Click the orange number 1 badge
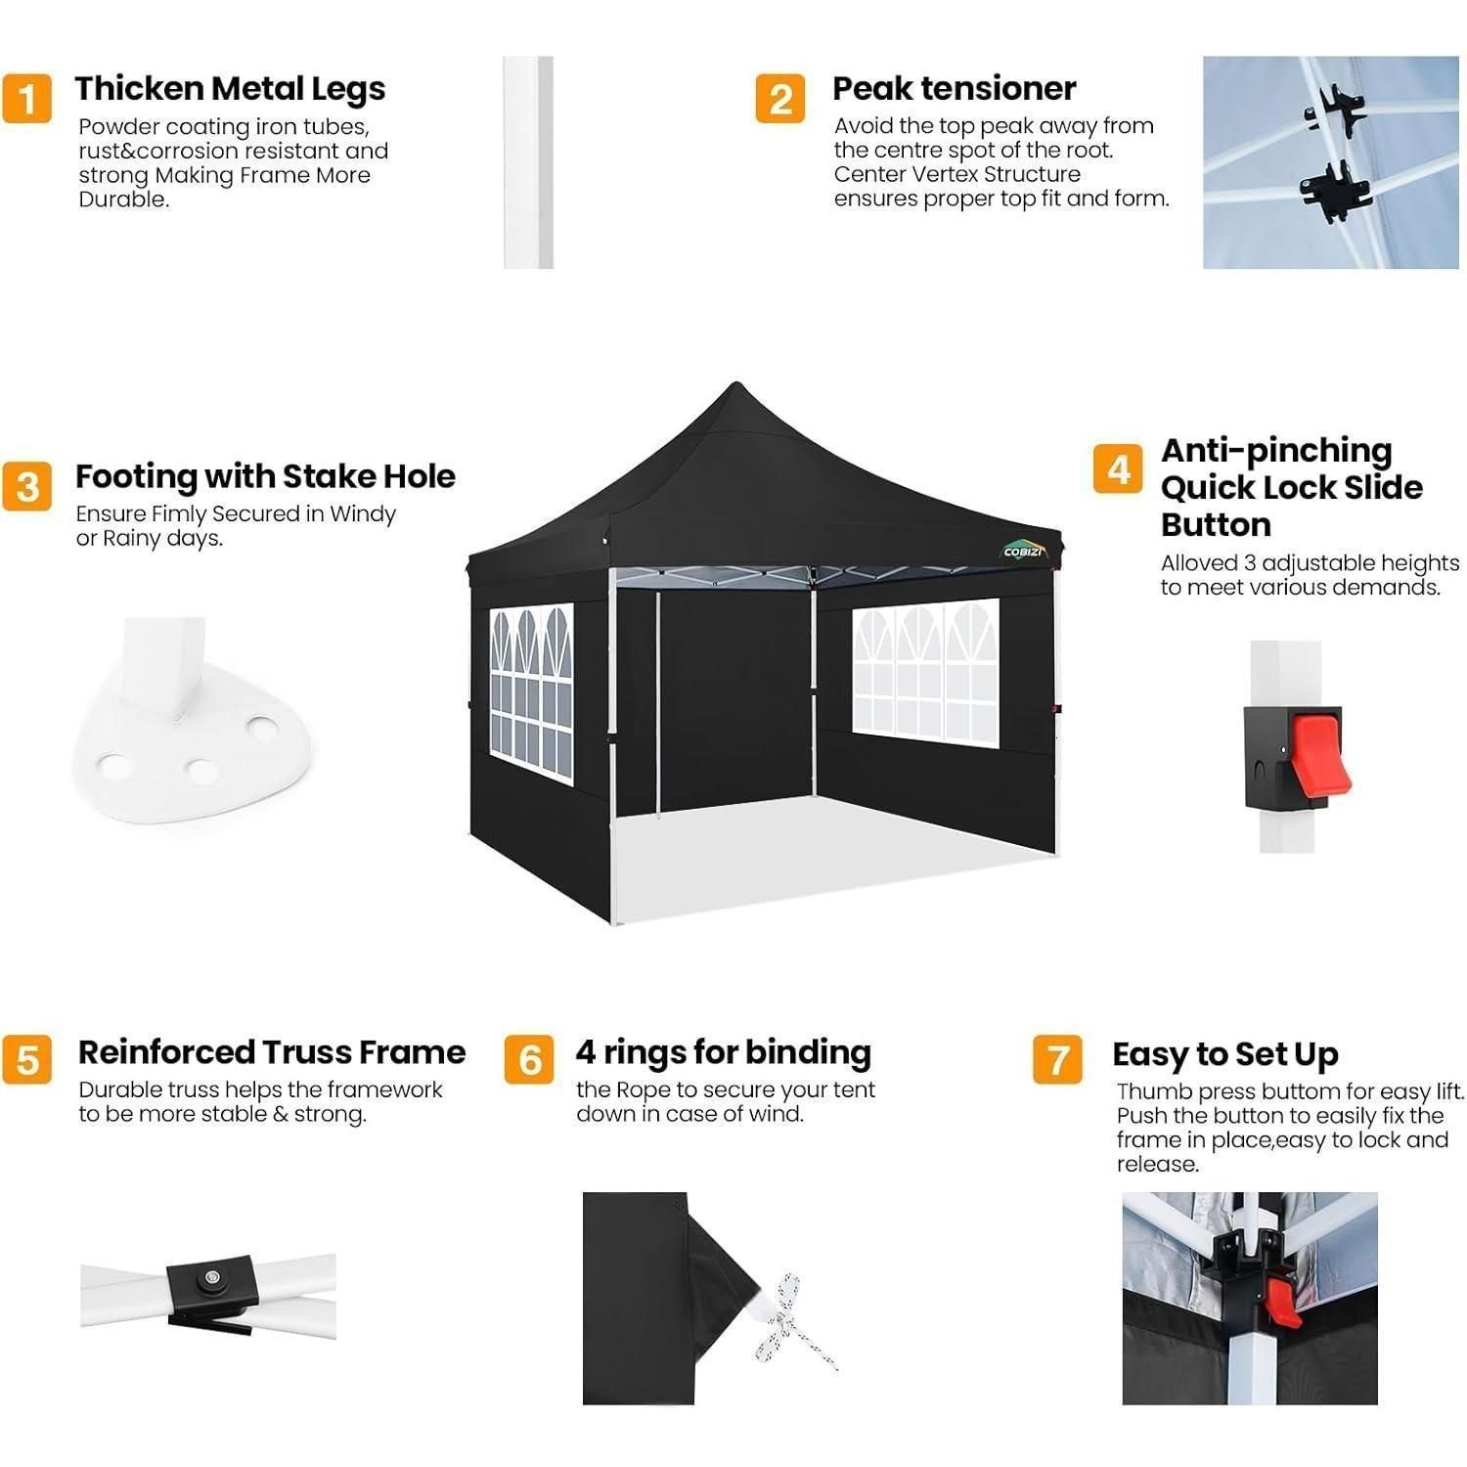[x=26, y=99]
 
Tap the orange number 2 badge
[x=780, y=99]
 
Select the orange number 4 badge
[x=1118, y=469]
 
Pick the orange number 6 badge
[x=529, y=1060]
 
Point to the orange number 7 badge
[x=1057, y=1060]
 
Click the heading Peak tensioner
[x=954, y=88]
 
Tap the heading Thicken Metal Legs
[x=230, y=89]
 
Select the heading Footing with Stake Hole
[x=265, y=476]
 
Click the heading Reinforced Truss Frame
[x=272, y=1052]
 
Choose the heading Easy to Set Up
[x=1225, y=1055]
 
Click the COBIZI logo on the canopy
[x=1024, y=551]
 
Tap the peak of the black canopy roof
[x=734, y=383]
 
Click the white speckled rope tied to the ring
[x=794, y=1321]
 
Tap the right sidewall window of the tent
[x=926, y=672]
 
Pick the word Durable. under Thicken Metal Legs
[x=124, y=200]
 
